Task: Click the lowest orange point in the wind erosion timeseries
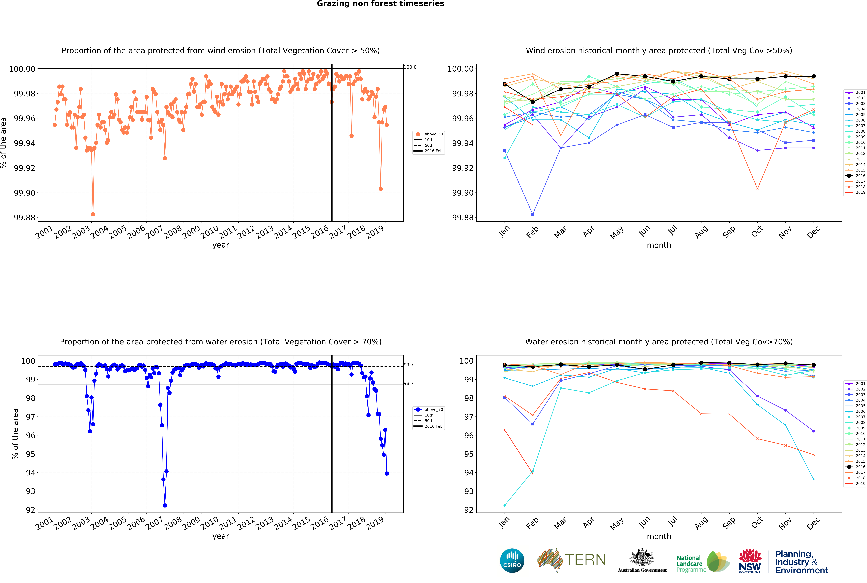[x=93, y=215]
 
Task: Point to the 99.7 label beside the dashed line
[x=409, y=365]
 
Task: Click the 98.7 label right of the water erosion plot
[x=409, y=383]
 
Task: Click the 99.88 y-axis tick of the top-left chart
[x=25, y=218]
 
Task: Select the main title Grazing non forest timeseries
[x=380, y=4]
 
